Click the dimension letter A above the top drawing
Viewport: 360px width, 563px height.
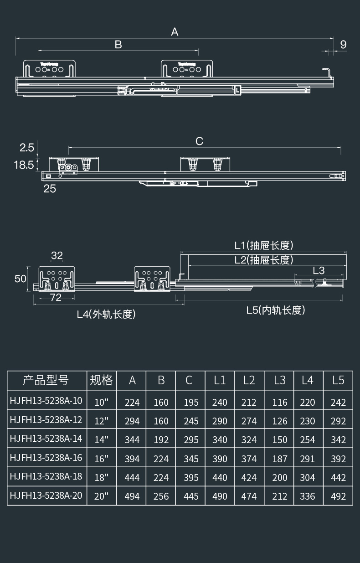pyautogui.click(x=175, y=32)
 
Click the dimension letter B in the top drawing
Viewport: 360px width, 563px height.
pyautogui.click(x=118, y=45)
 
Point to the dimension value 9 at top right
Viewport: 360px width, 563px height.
pyautogui.click(x=343, y=45)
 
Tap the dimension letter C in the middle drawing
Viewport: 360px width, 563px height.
pyautogui.click(x=199, y=141)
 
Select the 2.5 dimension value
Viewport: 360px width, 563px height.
pyautogui.click(x=26, y=147)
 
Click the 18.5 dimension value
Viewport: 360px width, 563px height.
pyautogui.click(x=24, y=165)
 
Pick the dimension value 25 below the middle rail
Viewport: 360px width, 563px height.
pyautogui.click(x=50, y=188)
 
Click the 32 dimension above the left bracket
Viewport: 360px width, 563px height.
pyautogui.click(x=57, y=255)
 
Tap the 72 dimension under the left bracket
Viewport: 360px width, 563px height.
pyautogui.click(x=56, y=298)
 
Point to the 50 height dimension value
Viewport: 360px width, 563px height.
pyautogui.click(x=21, y=278)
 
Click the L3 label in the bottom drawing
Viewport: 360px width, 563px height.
pyautogui.click(x=319, y=270)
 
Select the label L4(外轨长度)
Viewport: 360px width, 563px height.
pyautogui.click(x=106, y=314)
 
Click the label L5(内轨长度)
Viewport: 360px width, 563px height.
pyautogui.click(x=276, y=310)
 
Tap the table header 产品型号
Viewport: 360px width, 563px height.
pyautogui.click(x=46, y=380)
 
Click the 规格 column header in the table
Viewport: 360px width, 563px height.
pyautogui.click(x=101, y=380)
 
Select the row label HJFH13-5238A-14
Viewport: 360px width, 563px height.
pyautogui.click(x=46, y=439)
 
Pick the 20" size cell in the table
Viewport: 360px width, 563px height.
pyautogui.click(x=101, y=496)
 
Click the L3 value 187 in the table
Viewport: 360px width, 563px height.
pyautogui.click(x=280, y=459)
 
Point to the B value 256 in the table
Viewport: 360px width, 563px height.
pyautogui.click(x=161, y=496)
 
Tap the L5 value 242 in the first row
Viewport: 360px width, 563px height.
pyautogui.click(x=338, y=402)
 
